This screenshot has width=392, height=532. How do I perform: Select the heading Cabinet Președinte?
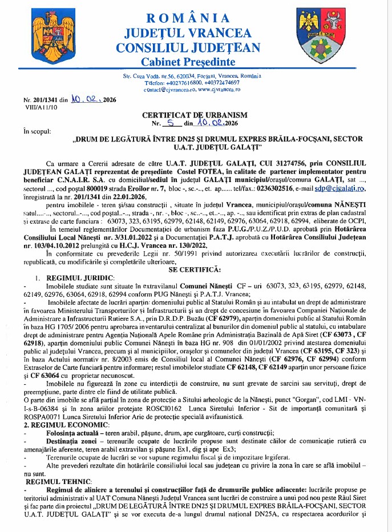(196, 61)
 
